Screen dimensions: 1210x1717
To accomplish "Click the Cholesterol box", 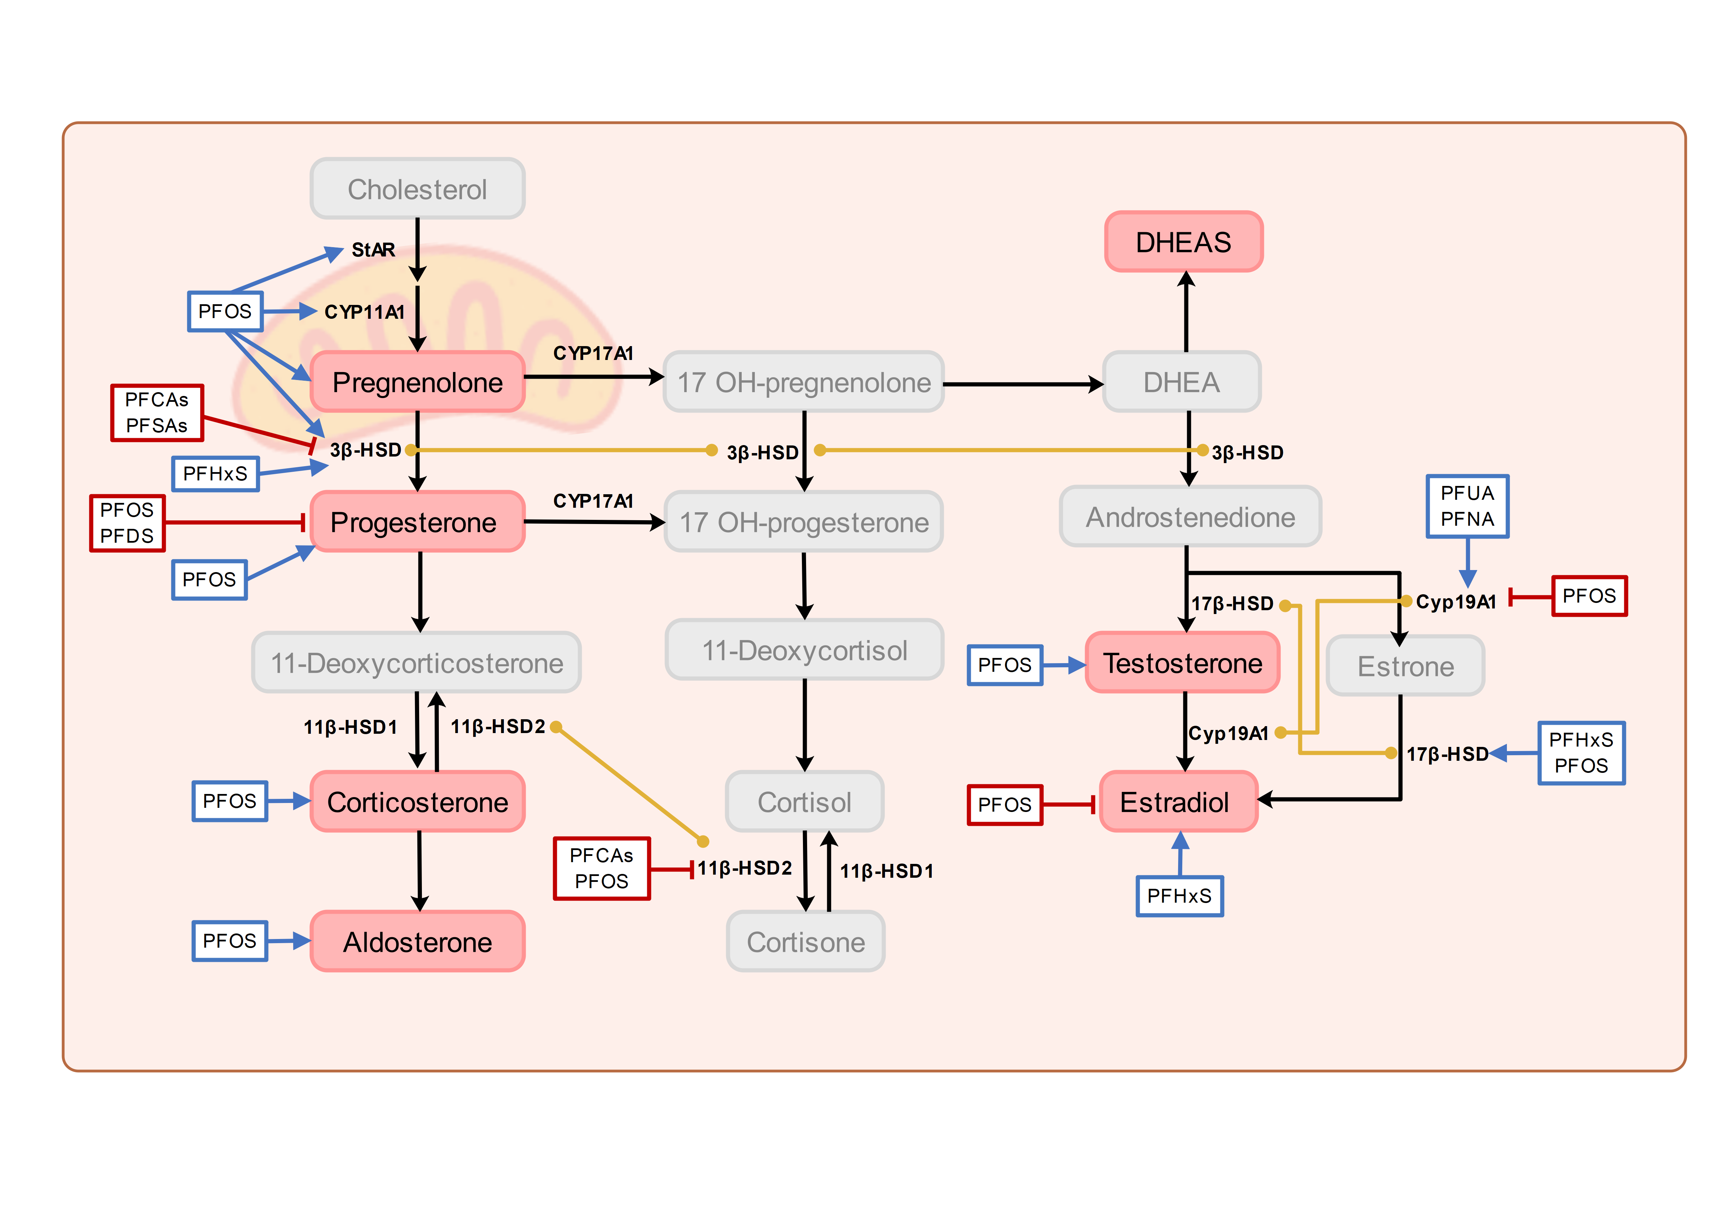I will tap(417, 188).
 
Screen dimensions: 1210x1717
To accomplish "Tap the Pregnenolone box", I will tap(417, 382).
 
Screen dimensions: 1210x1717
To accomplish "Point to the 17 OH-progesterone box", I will tap(804, 522).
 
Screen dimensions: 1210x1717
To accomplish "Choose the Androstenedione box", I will tap(1190, 517).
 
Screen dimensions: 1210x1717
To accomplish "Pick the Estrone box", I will tap(1405, 666).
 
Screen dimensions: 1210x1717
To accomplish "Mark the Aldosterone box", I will tap(417, 941).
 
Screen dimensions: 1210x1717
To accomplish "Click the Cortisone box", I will tap(805, 941).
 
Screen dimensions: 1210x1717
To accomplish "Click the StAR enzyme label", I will tap(373, 250).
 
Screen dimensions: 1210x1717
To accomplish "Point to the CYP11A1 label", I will tap(364, 312).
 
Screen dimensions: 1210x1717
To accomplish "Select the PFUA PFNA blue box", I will tap(1467, 506).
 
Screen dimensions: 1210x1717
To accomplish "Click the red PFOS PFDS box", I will tap(127, 523).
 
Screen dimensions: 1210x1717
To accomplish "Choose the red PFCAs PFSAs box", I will tap(157, 413).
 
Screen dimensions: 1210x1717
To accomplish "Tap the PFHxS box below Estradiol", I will tap(1179, 896).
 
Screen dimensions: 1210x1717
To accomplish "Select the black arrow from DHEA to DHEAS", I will tap(1186, 313).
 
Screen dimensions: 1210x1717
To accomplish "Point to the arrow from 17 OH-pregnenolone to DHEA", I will tap(1023, 385).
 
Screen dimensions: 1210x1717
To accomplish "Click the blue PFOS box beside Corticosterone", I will tap(229, 801).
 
